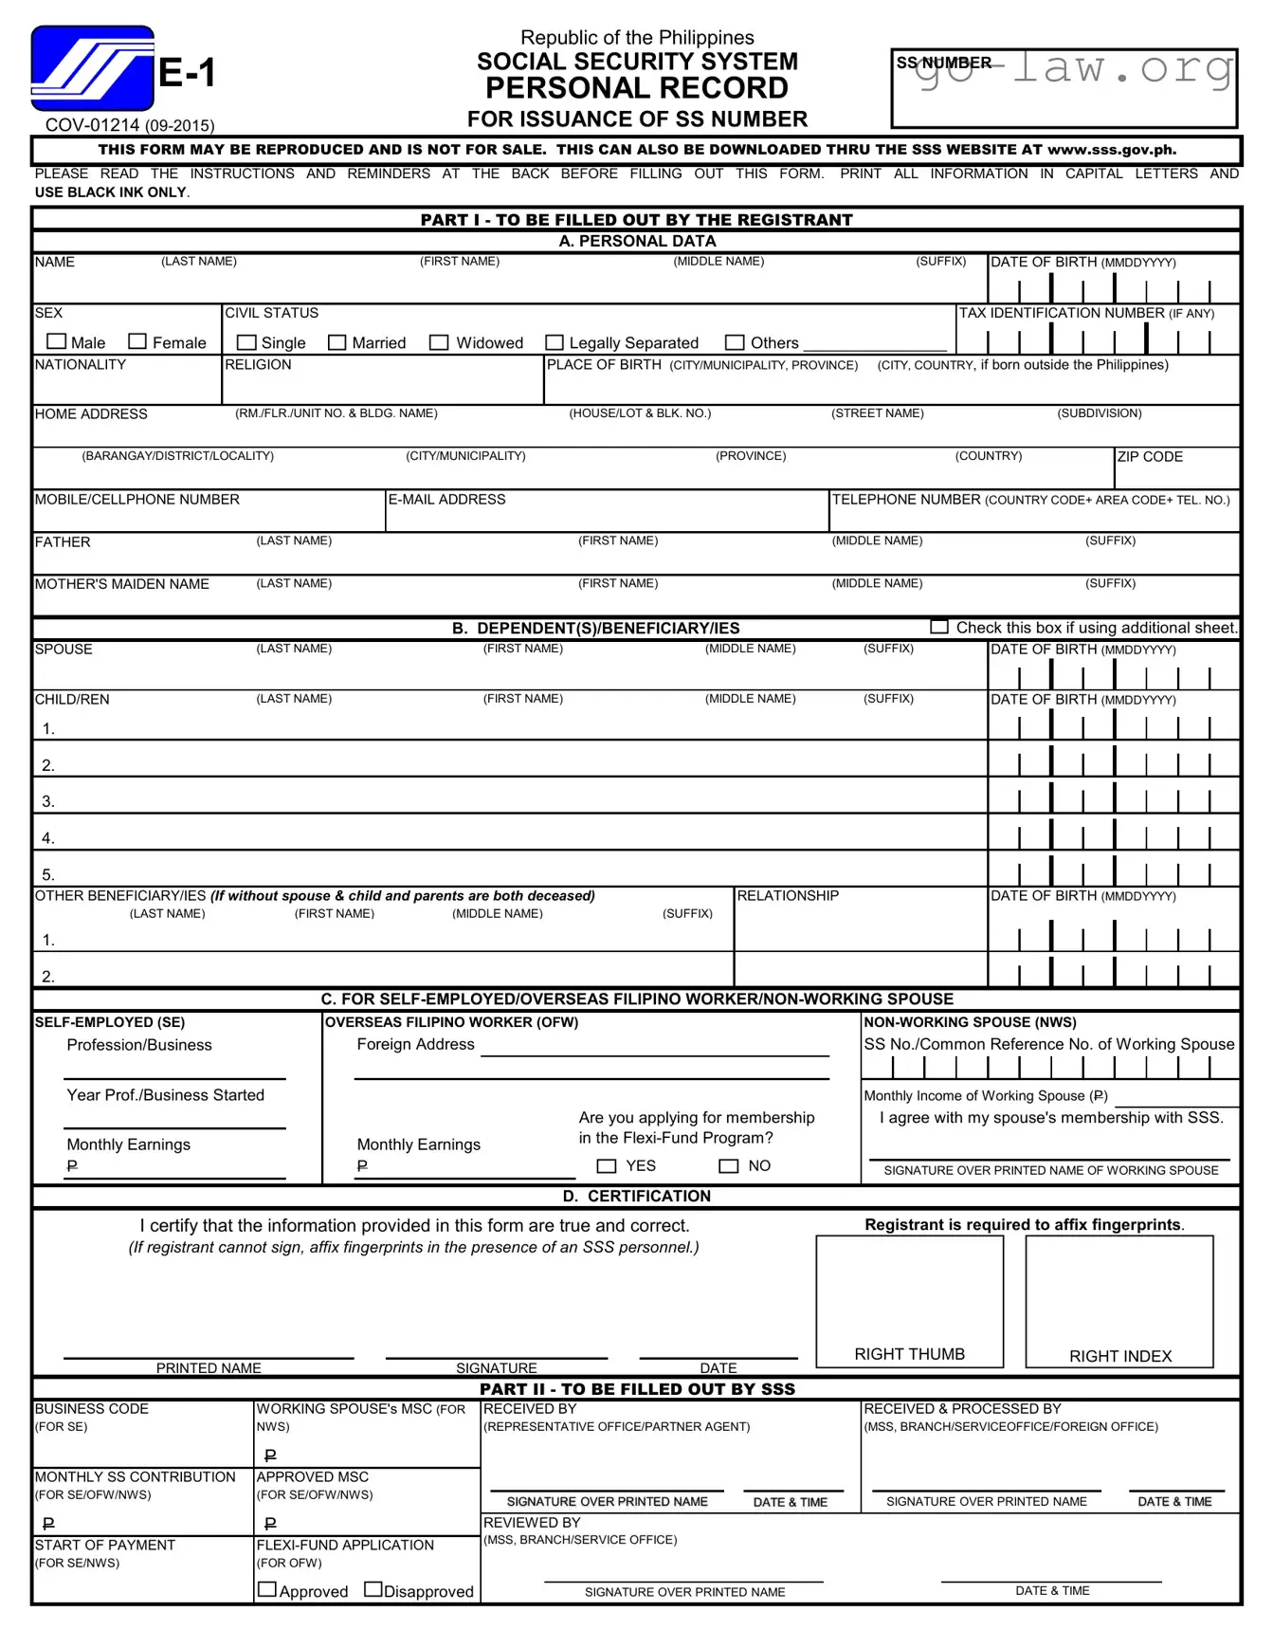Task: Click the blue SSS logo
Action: click(92, 68)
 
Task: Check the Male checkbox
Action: click(57, 341)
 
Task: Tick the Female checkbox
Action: click(137, 341)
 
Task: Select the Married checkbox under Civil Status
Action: click(336, 342)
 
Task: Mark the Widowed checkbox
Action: click(438, 342)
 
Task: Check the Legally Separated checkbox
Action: click(555, 342)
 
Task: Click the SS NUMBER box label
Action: click(943, 64)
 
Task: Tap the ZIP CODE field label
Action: click(1150, 457)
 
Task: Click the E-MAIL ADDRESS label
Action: click(446, 500)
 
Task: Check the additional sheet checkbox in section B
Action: click(938, 627)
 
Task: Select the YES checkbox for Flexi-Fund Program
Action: click(607, 1166)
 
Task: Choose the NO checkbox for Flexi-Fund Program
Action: click(728, 1166)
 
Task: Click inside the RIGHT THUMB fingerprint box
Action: click(909, 1290)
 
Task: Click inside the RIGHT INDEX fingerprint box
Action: click(1118, 1290)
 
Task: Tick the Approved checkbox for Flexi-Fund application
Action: click(267, 1589)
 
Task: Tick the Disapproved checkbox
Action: click(373, 1589)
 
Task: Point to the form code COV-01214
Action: click(93, 125)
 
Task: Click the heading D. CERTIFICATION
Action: click(636, 1197)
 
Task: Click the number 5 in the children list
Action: click(48, 874)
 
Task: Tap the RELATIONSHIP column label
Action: click(788, 896)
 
